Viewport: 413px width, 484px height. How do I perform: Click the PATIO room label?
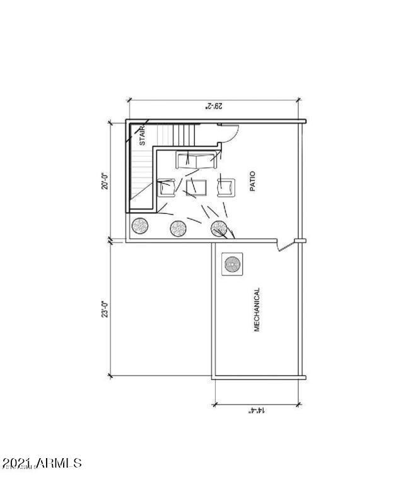click(252, 182)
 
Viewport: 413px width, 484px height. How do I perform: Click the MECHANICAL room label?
click(257, 310)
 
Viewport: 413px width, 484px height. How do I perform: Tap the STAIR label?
click(142, 136)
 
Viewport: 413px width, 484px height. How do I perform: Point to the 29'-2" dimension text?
click(214, 106)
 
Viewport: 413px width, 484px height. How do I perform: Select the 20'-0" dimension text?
click(105, 181)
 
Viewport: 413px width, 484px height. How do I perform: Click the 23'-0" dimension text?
click(105, 309)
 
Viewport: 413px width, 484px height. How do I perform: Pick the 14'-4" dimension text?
click(257, 410)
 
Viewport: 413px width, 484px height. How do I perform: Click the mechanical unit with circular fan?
click(232, 264)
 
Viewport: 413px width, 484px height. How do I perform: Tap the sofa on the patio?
click(196, 160)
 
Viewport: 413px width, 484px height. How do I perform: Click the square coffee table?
click(196, 188)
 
